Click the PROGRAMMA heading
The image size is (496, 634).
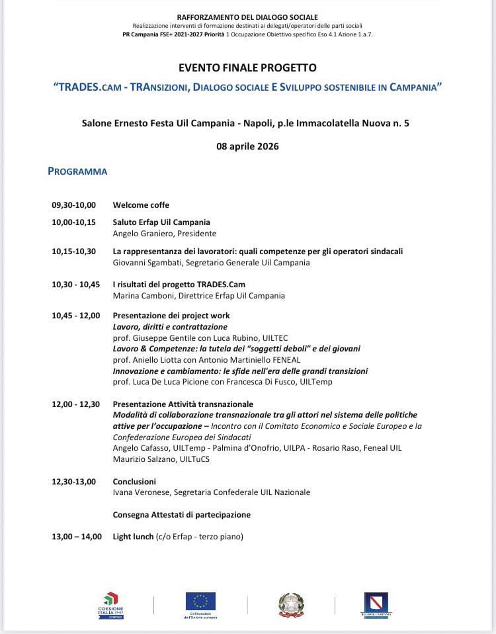(x=77, y=171)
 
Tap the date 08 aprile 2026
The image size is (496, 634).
(x=247, y=146)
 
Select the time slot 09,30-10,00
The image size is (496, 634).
(x=73, y=205)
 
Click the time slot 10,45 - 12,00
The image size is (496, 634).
(x=75, y=316)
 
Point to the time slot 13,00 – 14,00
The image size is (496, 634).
(x=77, y=537)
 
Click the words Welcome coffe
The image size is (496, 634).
(x=141, y=205)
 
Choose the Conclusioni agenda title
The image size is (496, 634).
(x=134, y=482)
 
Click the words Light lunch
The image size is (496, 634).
(x=133, y=537)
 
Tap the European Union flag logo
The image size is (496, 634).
(x=200, y=601)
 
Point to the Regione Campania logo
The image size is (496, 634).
(x=376, y=604)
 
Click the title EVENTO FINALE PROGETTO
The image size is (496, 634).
(x=247, y=68)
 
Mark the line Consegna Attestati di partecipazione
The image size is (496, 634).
(x=182, y=515)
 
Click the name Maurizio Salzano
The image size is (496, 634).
(x=142, y=459)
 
